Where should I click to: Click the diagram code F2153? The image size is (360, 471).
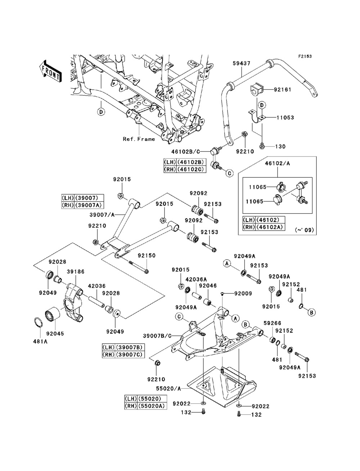click(x=304, y=56)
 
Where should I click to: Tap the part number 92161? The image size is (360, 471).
click(x=284, y=90)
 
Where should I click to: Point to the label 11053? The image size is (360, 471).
click(x=285, y=118)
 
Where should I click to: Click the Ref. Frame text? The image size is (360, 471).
click(x=139, y=139)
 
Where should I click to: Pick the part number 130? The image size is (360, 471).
click(x=280, y=146)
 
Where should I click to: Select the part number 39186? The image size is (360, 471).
click(x=76, y=272)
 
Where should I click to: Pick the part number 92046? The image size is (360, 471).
click(x=207, y=285)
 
